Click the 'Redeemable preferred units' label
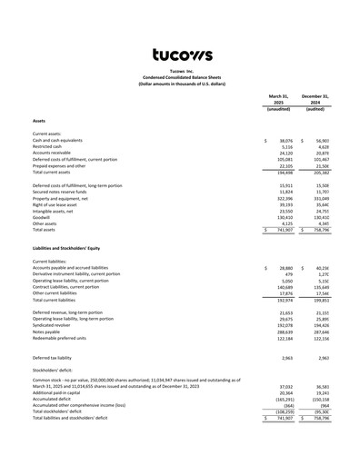point(60,340)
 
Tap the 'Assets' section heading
point(39,120)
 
